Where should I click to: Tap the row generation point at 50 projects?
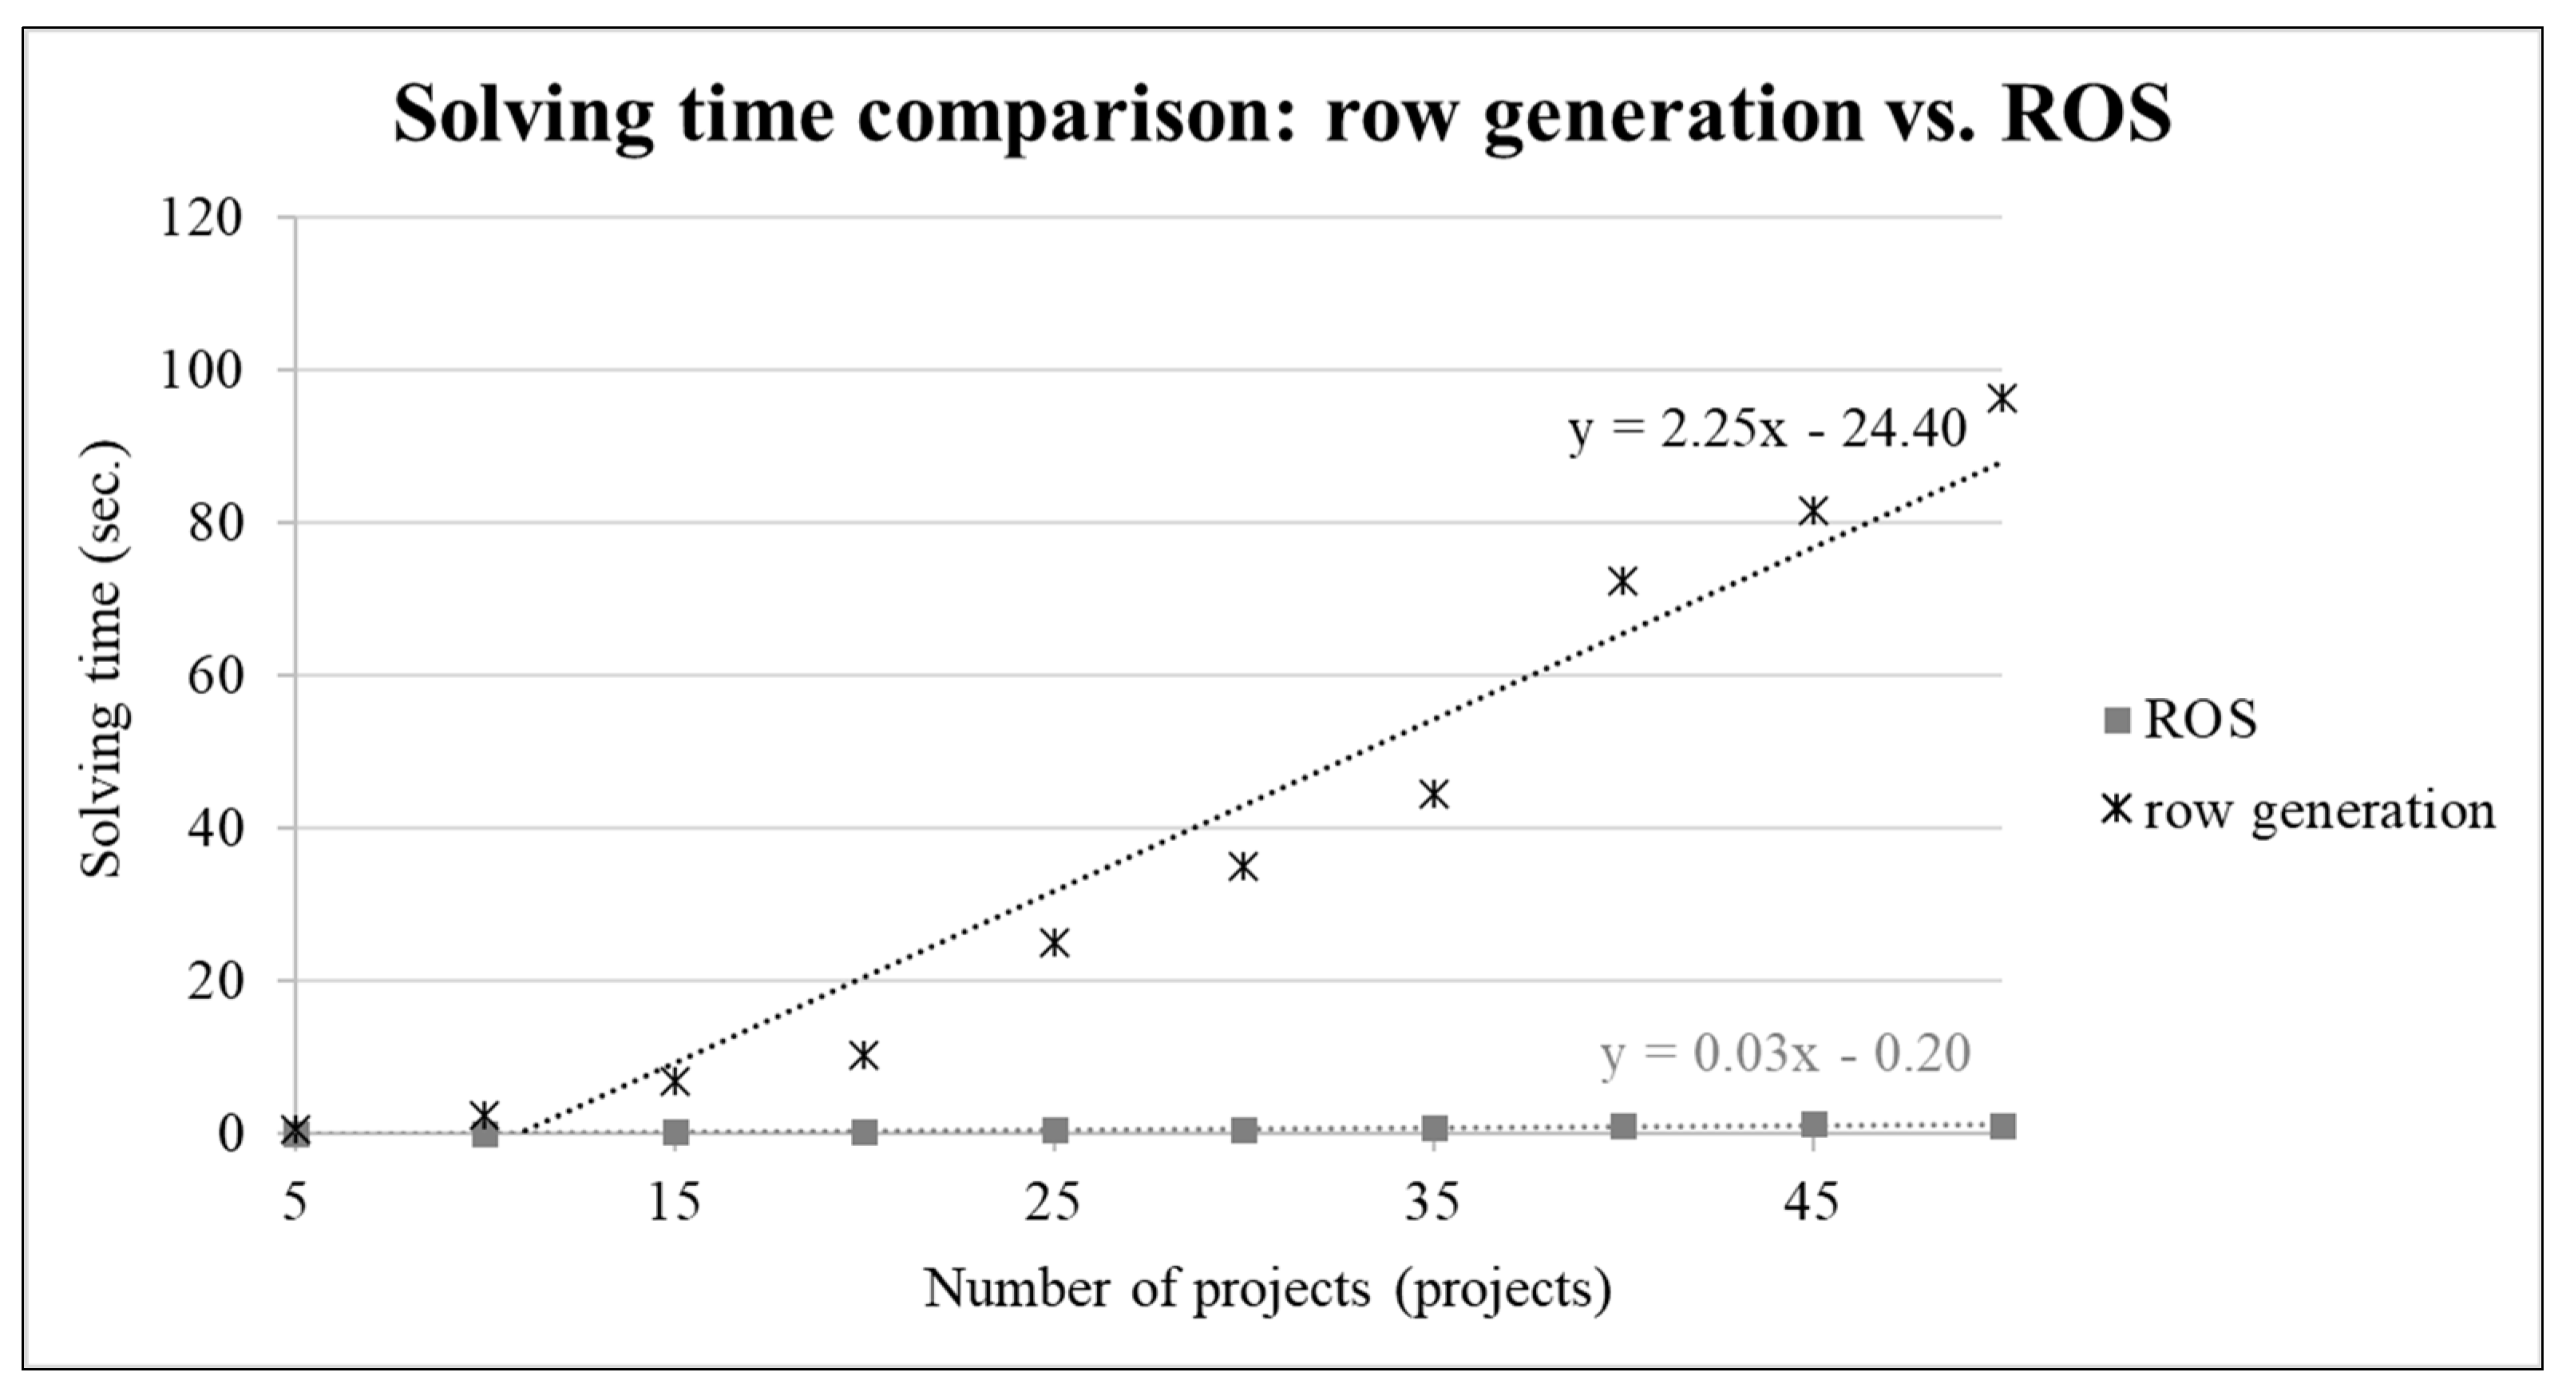click(2002, 399)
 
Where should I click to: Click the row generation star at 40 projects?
click(1623, 581)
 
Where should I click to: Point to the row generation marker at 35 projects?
click(1434, 795)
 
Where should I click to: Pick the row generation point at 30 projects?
click(1243, 867)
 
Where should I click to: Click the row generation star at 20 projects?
click(864, 1055)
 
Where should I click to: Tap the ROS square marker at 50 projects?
click(2002, 1127)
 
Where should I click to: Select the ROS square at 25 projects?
click(1055, 1129)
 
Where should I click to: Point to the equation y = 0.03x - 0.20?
click(1785, 1055)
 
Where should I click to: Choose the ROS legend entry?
click(2179, 720)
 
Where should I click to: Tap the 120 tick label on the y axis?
click(200, 217)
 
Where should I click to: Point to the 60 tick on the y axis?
click(216, 676)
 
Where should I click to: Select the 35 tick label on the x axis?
click(1432, 1204)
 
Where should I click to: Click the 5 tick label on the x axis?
click(295, 1204)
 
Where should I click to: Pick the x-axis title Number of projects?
click(1267, 1289)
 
